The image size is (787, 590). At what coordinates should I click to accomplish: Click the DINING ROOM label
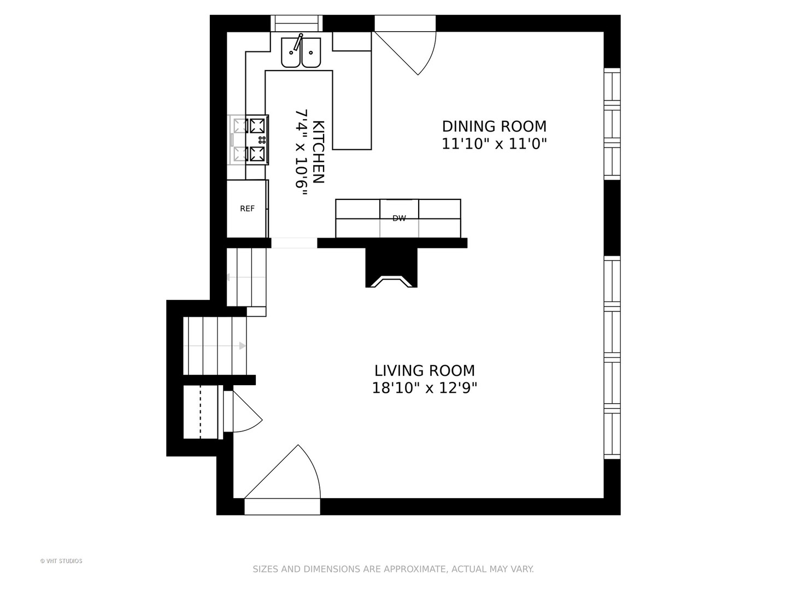tap(494, 126)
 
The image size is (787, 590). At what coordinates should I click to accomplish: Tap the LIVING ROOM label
tap(425, 370)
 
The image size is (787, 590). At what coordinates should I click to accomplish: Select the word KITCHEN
tap(319, 152)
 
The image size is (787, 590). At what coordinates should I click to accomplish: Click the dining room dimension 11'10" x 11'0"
tap(494, 144)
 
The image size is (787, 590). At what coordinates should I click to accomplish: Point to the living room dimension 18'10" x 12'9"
tap(425, 388)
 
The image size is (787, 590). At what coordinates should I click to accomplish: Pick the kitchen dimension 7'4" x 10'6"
tap(301, 152)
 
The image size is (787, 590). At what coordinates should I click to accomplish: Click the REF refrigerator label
tap(248, 209)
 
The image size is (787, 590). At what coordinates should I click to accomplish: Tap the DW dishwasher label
tap(399, 218)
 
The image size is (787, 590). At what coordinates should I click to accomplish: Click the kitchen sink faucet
tap(298, 42)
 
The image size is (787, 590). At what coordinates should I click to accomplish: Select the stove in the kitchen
tap(248, 140)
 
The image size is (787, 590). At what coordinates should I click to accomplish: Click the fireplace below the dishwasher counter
tap(391, 268)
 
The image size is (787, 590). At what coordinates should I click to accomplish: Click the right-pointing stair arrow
tap(214, 346)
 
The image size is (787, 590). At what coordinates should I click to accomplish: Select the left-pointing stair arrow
tap(246, 277)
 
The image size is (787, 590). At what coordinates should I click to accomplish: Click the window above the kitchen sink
tap(297, 23)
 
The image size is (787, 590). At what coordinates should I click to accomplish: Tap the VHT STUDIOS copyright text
tap(61, 561)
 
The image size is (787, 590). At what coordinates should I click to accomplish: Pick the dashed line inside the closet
tap(201, 412)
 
